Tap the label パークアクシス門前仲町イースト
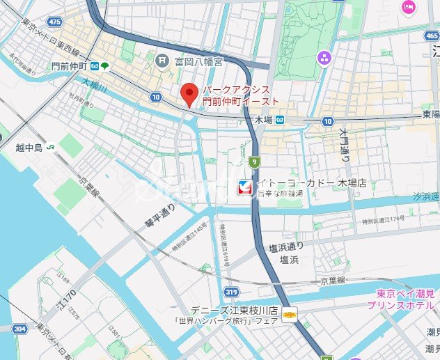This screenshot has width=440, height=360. point(241,96)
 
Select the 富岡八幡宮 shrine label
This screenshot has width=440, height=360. point(199,61)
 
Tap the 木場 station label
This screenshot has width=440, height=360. point(262,120)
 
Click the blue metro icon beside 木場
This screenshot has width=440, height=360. point(279,120)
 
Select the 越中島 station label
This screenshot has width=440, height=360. point(29,148)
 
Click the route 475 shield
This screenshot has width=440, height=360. point(55,22)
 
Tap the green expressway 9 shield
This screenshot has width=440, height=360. point(255,162)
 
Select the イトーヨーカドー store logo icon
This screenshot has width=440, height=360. point(244,187)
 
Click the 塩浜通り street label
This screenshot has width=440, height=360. point(287,247)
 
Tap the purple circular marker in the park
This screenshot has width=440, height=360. point(323,56)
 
